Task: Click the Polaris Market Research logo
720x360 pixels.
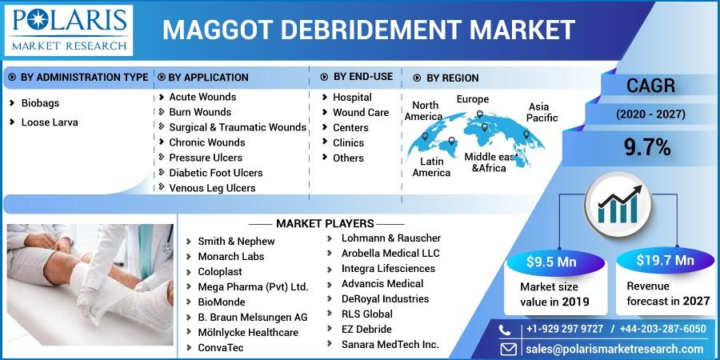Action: click(68, 30)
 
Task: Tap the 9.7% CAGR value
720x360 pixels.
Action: click(647, 148)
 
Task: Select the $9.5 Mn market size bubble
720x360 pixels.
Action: click(551, 262)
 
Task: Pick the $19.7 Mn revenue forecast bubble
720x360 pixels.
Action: click(665, 261)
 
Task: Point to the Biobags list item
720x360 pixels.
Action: click(40, 103)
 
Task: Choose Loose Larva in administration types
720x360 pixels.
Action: click(50, 122)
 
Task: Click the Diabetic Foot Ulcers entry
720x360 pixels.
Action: click(216, 173)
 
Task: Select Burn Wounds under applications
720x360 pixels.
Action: click(200, 112)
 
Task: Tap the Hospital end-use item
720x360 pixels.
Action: click(352, 98)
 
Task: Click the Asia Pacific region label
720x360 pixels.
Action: click(542, 113)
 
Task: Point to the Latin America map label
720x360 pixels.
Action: click(431, 167)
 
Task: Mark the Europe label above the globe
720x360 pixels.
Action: click(473, 99)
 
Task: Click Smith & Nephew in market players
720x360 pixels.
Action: click(236, 242)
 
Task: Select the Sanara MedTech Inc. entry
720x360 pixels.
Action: click(390, 344)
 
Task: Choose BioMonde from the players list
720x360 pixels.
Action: click(222, 302)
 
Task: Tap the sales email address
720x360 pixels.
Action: click(614, 349)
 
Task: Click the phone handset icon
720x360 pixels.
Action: click(505, 330)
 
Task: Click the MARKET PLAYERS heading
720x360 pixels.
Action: click(325, 224)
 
